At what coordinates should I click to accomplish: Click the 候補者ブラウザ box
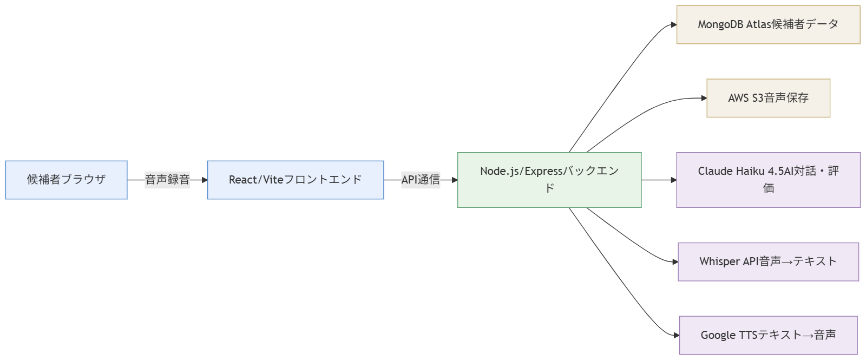coord(66,180)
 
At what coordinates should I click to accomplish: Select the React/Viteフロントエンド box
coord(296,180)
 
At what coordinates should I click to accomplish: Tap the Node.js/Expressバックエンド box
coord(549,180)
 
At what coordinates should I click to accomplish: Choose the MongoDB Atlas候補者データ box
coord(768,24)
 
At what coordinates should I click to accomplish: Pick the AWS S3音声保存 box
coord(768,98)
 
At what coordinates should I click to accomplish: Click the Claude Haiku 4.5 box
coord(768,180)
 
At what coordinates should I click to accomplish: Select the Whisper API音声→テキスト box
coord(768,261)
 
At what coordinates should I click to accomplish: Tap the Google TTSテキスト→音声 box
coord(768,335)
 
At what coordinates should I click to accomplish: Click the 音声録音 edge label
coord(167,180)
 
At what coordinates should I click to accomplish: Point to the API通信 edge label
coord(421,180)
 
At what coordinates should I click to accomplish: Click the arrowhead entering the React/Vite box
coord(204,180)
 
